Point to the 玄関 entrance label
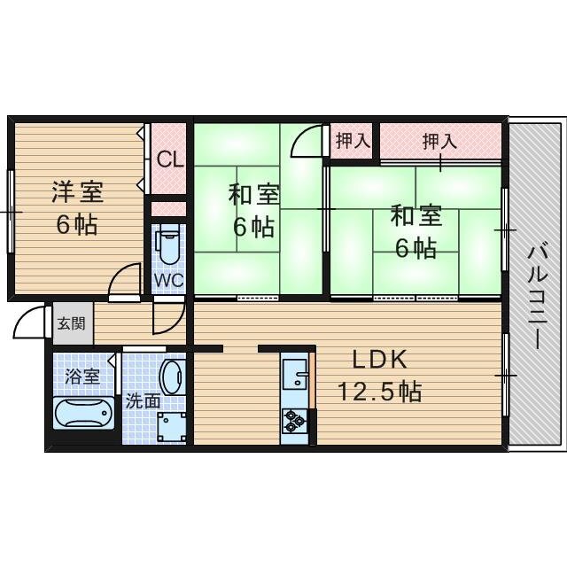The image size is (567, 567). pyautogui.click(x=72, y=323)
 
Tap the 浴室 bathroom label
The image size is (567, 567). pyautogui.click(x=83, y=377)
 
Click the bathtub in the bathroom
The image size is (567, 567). pyautogui.click(x=83, y=413)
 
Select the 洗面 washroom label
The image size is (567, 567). pyautogui.click(x=143, y=400)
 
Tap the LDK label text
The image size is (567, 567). pyautogui.click(x=379, y=360)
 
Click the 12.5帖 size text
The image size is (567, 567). pyautogui.click(x=379, y=390)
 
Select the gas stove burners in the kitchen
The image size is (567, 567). pyautogui.click(x=294, y=422)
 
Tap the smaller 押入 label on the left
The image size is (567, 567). pyautogui.click(x=353, y=139)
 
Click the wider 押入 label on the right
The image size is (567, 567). pyautogui.click(x=439, y=140)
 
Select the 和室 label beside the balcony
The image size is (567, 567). pyautogui.click(x=416, y=216)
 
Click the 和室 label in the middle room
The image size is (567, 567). pyautogui.click(x=253, y=194)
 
